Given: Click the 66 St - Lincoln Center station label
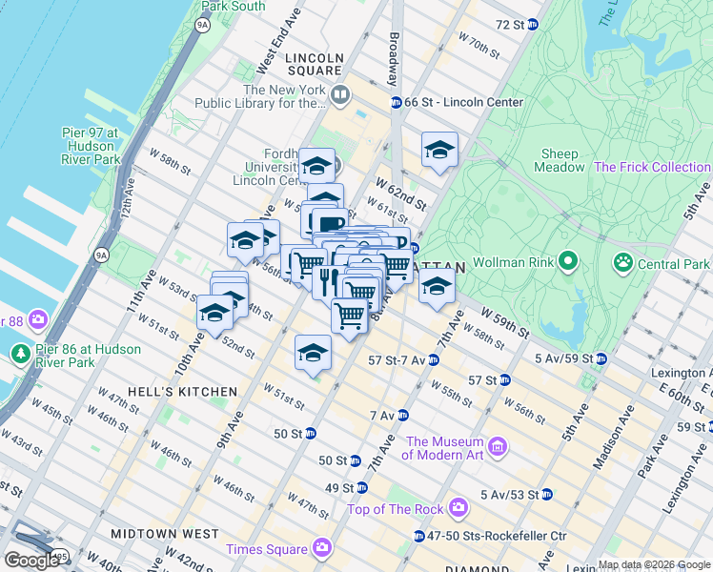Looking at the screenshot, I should tap(463, 102).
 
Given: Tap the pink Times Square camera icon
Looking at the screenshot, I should tap(322, 548).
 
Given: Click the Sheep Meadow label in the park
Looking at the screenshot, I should tap(560, 160).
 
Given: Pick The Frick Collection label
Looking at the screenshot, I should tap(652, 167).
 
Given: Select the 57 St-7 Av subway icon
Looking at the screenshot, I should tap(434, 359).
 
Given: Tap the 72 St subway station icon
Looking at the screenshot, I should tap(532, 24).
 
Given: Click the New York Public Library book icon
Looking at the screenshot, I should tap(340, 94).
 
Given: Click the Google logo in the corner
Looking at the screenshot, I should tap(31, 561).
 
